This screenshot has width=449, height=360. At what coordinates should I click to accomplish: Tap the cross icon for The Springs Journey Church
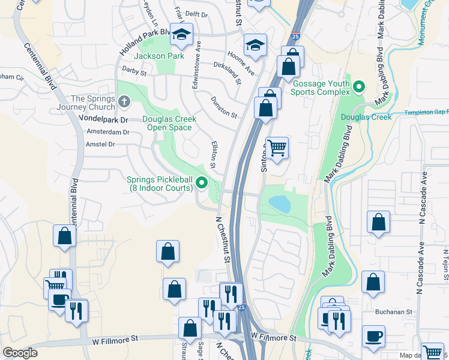point(124,102)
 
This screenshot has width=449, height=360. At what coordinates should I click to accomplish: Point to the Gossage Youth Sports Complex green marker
point(358,88)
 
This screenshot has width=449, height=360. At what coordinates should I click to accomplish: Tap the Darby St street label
point(134,73)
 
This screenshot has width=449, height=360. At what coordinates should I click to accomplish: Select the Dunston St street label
point(224,107)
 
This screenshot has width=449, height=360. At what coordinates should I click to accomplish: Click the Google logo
point(20,352)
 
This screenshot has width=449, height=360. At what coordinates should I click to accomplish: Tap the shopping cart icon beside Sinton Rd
point(276,147)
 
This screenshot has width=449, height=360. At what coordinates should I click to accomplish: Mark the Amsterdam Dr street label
point(108,132)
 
